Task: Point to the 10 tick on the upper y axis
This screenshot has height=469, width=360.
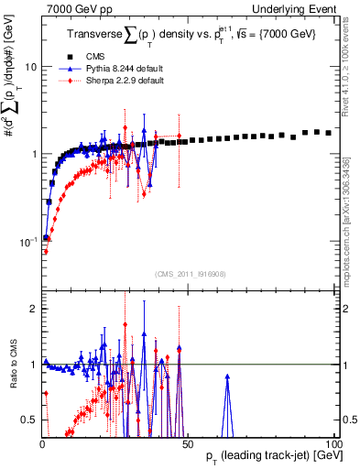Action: [30, 68]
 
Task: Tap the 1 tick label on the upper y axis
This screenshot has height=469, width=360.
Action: [33, 154]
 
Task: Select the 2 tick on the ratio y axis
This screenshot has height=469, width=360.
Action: [33, 309]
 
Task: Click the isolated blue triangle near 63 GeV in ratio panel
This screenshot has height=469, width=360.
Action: [227, 376]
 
